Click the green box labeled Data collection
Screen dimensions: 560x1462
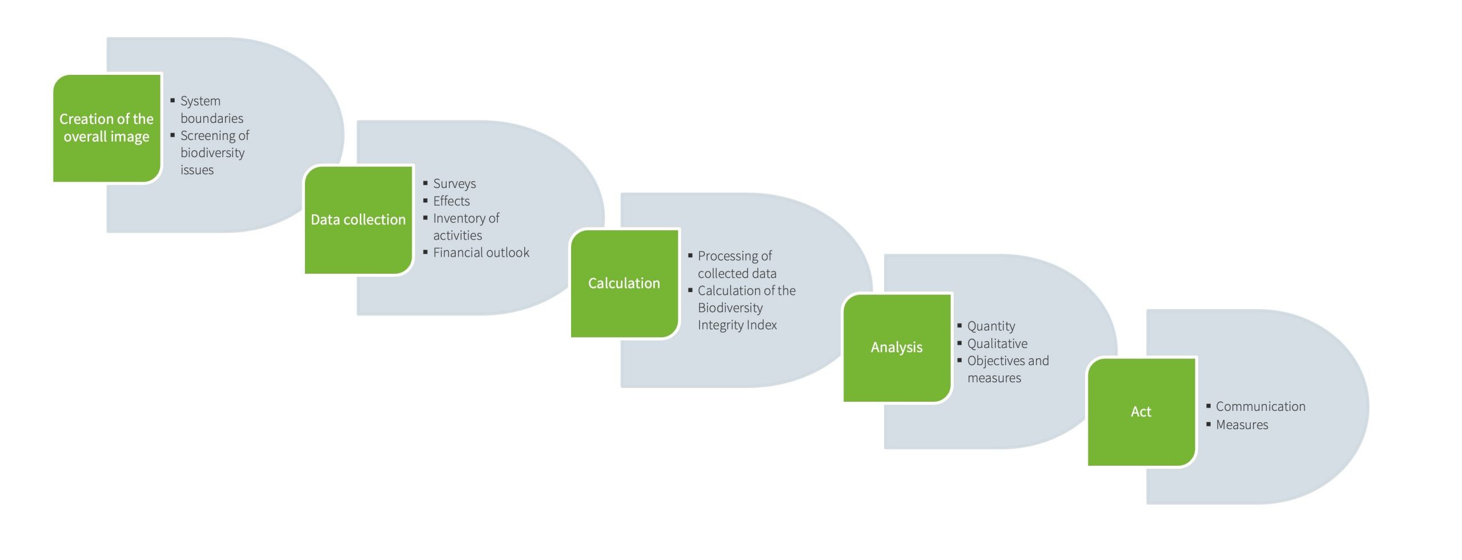point(358,220)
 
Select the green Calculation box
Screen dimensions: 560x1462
point(624,283)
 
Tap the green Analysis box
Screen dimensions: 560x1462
point(897,347)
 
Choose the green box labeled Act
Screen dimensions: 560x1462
point(1141,412)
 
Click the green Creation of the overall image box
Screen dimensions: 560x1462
point(107,128)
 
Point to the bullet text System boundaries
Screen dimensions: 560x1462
point(211,110)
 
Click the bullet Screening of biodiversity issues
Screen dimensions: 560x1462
point(214,153)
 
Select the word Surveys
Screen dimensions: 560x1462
point(454,184)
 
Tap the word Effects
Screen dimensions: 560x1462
point(451,201)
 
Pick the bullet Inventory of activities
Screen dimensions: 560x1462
point(465,227)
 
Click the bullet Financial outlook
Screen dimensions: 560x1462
point(481,253)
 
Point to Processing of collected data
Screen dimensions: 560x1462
point(736,265)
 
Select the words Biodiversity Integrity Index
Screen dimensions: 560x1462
point(737,317)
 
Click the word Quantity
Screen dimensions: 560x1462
point(991,326)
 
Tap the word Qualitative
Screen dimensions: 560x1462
point(997,343)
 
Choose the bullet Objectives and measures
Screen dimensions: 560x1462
point(1007,369)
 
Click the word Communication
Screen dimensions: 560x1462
point(1260,407)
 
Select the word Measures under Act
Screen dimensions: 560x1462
point(1242,425)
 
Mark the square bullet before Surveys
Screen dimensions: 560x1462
point(425,183)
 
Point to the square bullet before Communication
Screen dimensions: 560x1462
point(1208,406)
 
